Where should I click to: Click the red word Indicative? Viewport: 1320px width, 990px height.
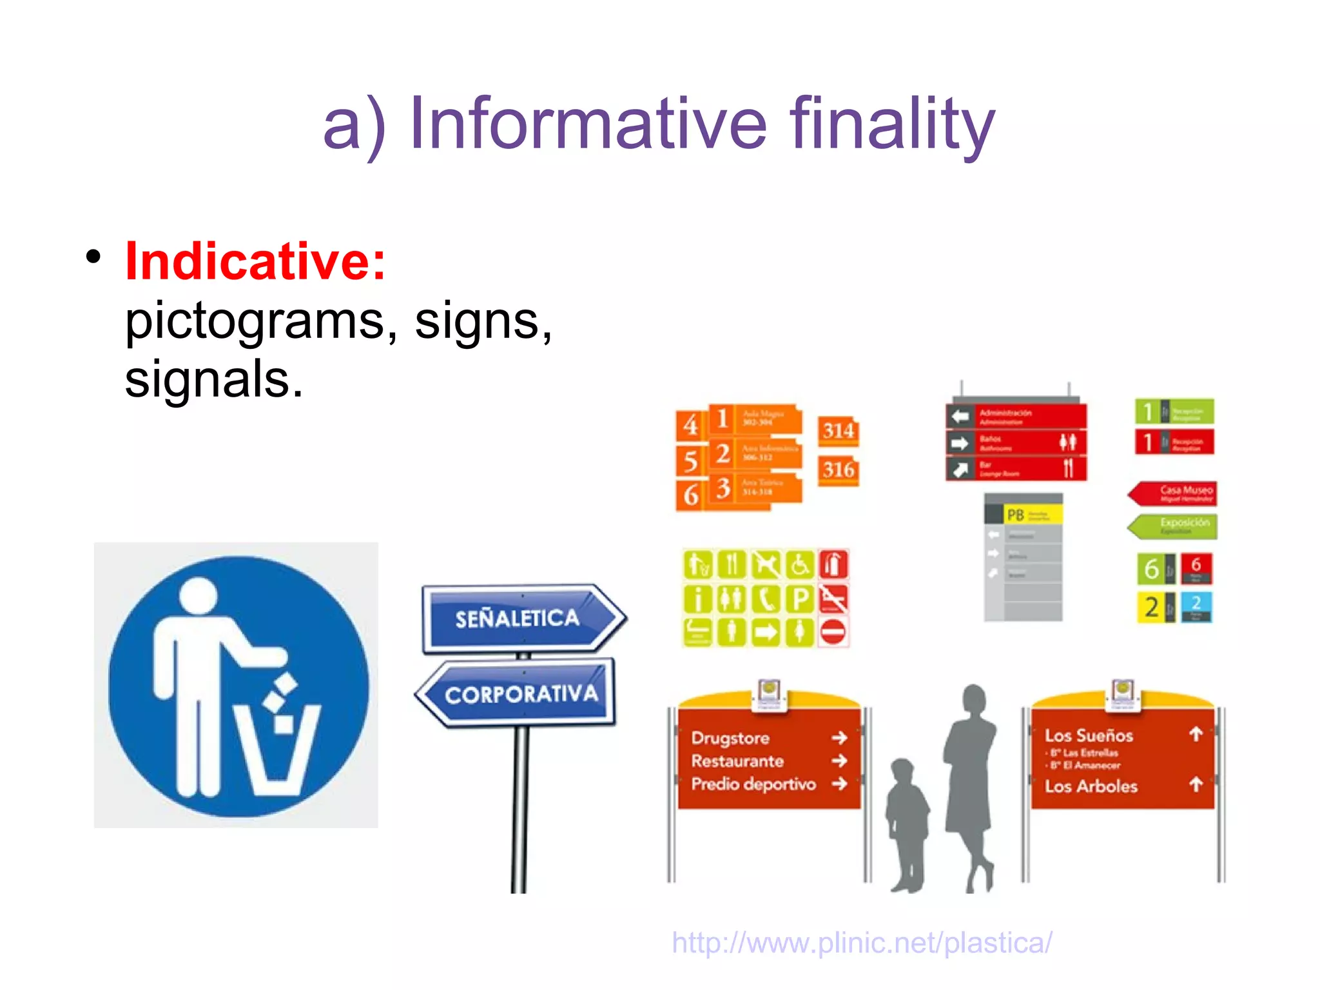click(255, 261)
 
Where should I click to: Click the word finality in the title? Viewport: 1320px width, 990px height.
click(892, 124)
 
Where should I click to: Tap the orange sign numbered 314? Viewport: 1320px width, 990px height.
click(838, 431)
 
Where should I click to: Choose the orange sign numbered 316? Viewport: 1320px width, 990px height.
click(838, 470)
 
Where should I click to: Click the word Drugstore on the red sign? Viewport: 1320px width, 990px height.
click(730, 738)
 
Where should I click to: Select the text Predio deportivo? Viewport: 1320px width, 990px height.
click(753, 784)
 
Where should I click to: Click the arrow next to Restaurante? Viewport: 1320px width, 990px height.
click(839, 761)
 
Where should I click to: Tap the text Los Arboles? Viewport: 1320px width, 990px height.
click(1091, 786)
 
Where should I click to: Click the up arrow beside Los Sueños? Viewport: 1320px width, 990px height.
click(1196, 735)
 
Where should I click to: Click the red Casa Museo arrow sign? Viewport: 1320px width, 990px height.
click(1174, 493)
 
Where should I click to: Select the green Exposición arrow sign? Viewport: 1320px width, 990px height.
click(1174, 526)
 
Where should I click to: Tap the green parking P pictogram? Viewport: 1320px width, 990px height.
click(800, 599)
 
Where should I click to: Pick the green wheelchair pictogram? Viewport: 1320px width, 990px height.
click(800, 565)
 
